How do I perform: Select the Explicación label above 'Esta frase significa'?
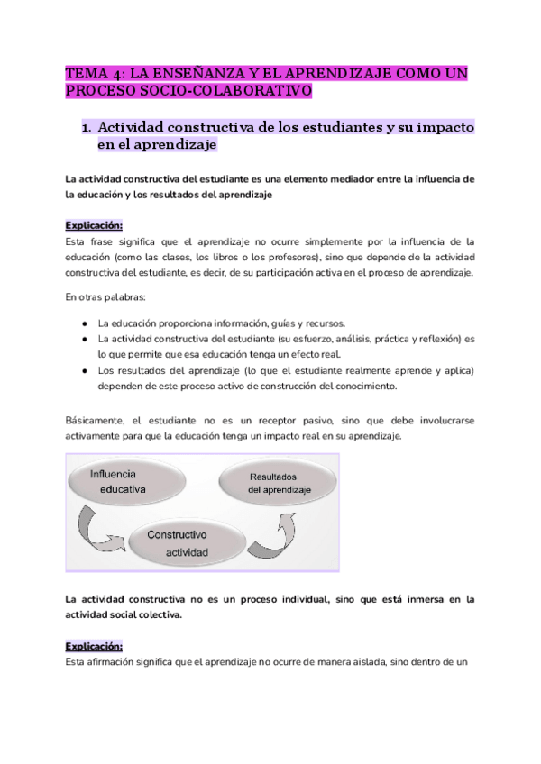[93, 225]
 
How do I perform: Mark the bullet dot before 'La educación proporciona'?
[84, 323]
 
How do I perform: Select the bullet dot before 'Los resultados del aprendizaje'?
[84, 370]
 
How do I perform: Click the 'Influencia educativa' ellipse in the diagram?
[135, 481]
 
